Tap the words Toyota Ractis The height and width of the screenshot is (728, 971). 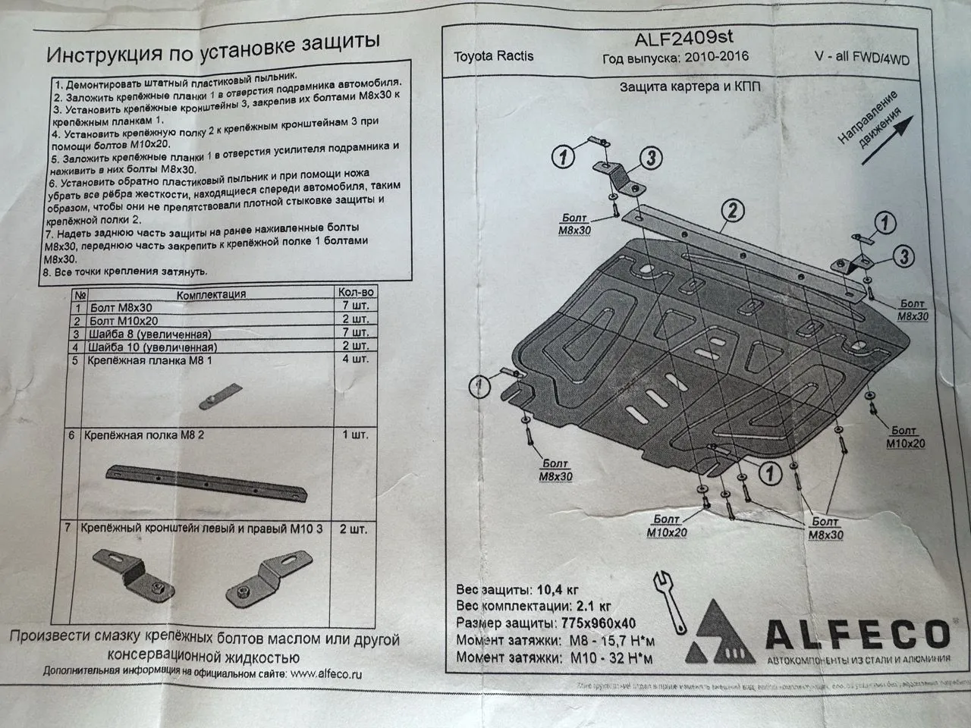pyautogui.click(x=493, y=56)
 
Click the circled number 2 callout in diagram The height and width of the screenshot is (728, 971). pyautogui.click(x=731, y=210)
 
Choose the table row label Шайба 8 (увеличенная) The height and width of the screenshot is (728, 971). pyautogui.click(x=150, y=334)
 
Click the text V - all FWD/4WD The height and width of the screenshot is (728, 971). pyautogui.click(x=858, y=59)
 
